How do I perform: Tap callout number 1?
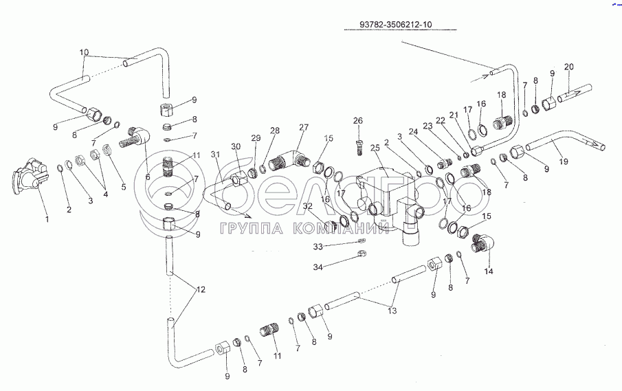(x=46, y=219)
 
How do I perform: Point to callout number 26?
(x=357, y=121)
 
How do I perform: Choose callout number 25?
(x=375, y=148)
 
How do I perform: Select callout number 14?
(x=489, y=271)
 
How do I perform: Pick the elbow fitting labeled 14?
(x=482, y=243)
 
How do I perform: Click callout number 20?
(x=568, y=66)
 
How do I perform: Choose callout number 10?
(x=84, y=52)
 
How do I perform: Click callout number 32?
(x=307, y=207)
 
